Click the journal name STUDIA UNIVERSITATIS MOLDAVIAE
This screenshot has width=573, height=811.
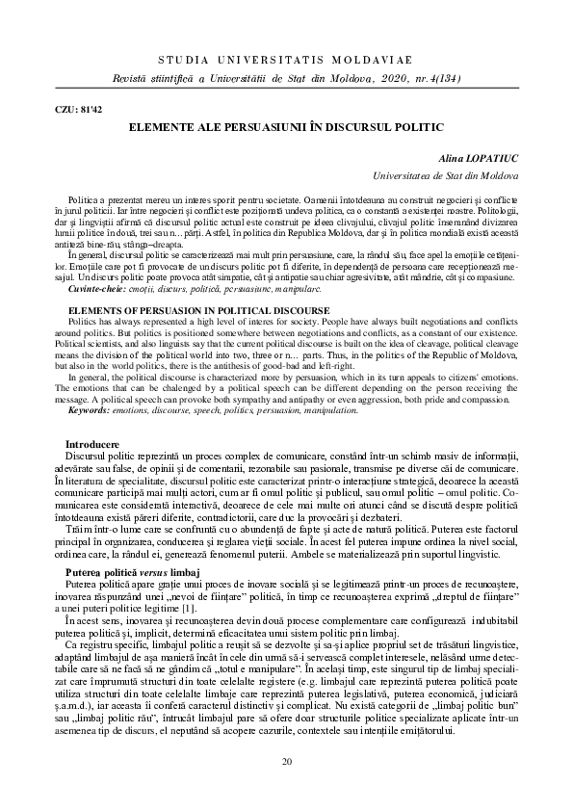tap(285, 60)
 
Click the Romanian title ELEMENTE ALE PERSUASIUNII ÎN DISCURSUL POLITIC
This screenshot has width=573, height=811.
tap(285, 126)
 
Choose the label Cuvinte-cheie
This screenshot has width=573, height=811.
tap(93, 262)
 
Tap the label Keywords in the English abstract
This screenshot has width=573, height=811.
tap(93, 356)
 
